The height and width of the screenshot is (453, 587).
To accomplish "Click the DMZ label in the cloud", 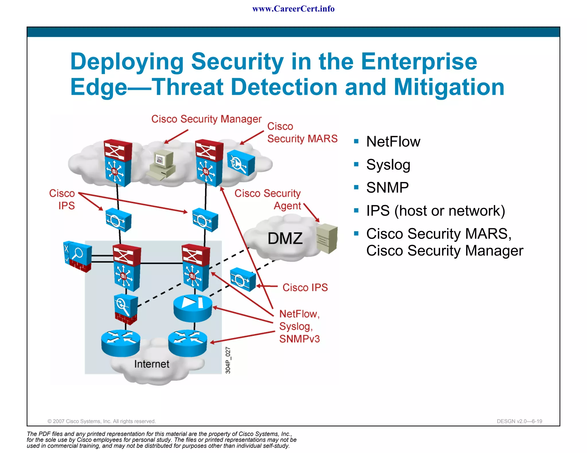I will tap(285, 239).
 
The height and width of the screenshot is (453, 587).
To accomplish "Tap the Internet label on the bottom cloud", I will tap(152, 364).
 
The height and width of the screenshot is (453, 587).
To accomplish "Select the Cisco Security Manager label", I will tap(206, 119).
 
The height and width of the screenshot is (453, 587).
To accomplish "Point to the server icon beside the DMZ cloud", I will tap(327, 238).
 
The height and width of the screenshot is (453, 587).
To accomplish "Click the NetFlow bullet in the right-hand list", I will tap(393, 142).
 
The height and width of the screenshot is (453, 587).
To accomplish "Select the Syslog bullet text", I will tap(388, 165).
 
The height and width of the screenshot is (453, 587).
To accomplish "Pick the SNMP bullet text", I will tap(387, 188).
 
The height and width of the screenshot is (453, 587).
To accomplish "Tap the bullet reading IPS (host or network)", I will tap(435, 211).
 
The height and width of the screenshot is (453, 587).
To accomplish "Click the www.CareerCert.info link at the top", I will tap(293, 9).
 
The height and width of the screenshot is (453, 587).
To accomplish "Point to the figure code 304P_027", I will tap(228, 360).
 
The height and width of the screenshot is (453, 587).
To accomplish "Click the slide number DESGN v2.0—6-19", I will tap(519, 421).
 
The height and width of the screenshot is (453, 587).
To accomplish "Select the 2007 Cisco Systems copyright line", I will tap(101, 421).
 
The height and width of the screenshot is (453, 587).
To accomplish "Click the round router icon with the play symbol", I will tap(193, 308).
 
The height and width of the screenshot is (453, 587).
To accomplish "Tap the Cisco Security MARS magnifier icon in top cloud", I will tap(241, 163).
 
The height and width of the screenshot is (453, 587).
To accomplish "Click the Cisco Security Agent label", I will tap(268, 199).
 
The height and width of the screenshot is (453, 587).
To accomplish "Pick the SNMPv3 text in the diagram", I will tap(300, 339).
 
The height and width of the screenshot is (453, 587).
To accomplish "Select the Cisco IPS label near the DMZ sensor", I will tap(305, 287).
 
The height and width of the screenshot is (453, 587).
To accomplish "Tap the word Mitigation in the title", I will tap(449, 87).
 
